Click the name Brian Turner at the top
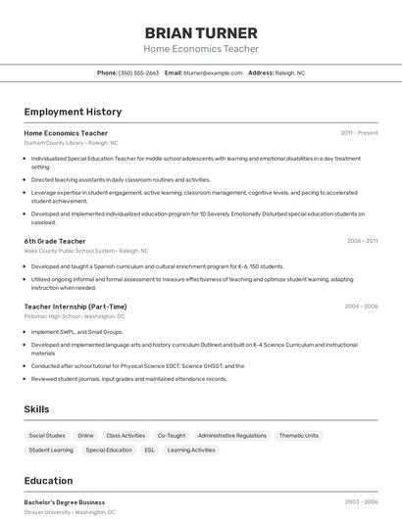201,32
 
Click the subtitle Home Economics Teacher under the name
201,49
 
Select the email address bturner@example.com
213,72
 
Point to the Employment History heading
73,112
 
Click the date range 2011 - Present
359,133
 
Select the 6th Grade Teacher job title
55,241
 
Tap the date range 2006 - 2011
362,241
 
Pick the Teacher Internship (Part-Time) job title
75,307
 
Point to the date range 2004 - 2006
361,307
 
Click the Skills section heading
36,409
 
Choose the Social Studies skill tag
47,436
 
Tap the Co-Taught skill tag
171,436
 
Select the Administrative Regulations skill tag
231,436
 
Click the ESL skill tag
150,450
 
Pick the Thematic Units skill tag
298,436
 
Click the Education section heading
48,481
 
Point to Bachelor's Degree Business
65,502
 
